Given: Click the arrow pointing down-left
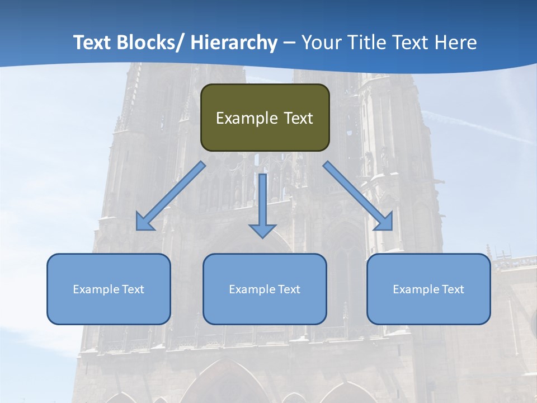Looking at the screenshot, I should (x=171, y=196).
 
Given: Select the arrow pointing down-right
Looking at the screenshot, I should (x=358, y=196).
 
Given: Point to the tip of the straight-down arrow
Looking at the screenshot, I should (x=262, y=238).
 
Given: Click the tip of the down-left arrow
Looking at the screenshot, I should (x=137, y=229).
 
